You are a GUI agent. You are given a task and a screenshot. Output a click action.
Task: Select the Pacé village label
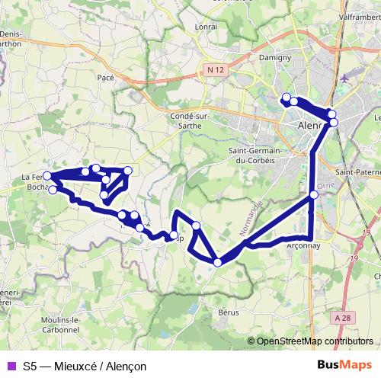(105, 77)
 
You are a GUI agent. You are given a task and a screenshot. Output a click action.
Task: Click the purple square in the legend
(10, 366)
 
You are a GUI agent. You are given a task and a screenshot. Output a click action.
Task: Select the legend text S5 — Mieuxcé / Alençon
(84, 366)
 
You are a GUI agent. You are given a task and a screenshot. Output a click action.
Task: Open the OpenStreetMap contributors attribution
(315, 341)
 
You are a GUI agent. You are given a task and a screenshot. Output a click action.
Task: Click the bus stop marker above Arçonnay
(314, 195)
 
